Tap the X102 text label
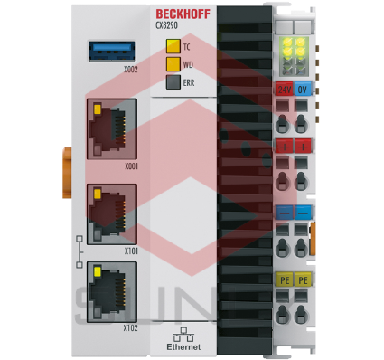point(131,327)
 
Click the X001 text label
point(131,167)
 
